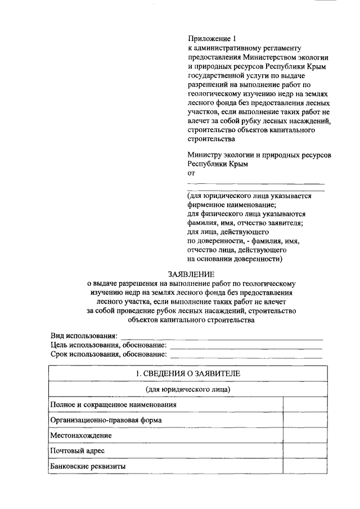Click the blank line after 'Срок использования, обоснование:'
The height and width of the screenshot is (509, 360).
click(246, 357)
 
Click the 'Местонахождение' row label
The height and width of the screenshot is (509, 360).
click(81, 435)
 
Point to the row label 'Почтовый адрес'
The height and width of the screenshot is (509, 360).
click(78, 451)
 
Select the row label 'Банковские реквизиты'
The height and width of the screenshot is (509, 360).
click(88, 466)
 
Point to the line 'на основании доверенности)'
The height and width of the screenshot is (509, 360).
click(235, 259)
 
